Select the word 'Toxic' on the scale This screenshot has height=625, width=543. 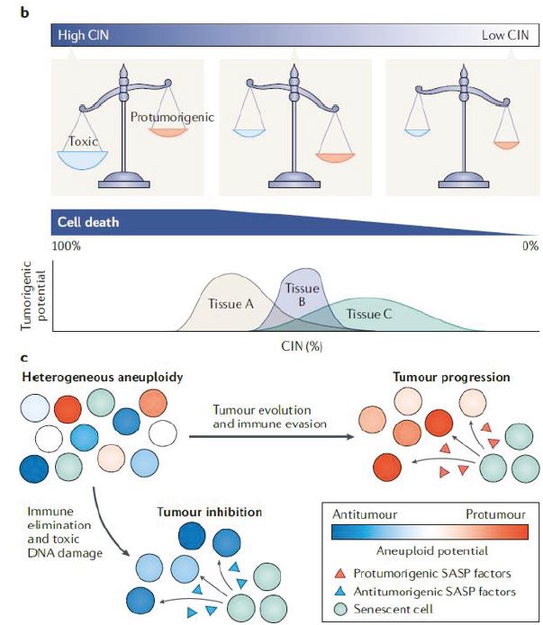click(83, 141)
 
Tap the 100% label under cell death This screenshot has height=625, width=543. click(66, 246)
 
